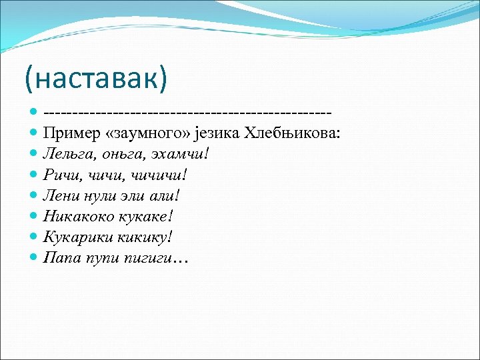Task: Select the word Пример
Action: click(x=71, y=133)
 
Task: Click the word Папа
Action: click(x=60, y=257)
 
